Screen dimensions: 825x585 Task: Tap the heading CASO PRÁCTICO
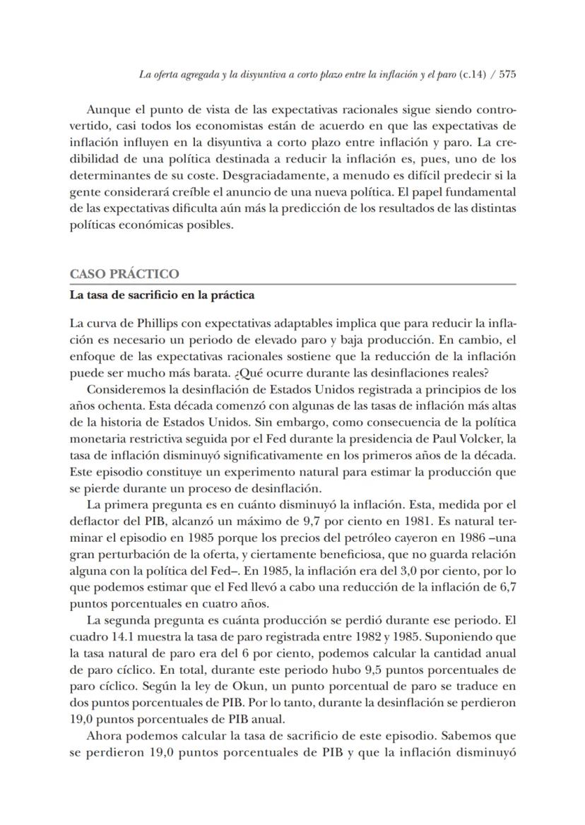pyautogui.click(x=124, y=274)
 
